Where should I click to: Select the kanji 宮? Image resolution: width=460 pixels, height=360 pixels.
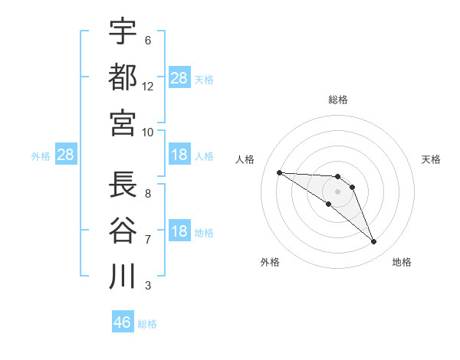(x=123, y=123)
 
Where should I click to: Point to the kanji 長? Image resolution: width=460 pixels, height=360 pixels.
(x=123, y=185)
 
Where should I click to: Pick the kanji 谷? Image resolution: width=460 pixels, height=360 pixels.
(x=123, y=230)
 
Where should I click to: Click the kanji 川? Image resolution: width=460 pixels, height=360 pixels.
(x=123, y=276)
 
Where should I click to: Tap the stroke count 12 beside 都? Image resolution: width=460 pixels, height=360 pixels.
(x=148, y=87)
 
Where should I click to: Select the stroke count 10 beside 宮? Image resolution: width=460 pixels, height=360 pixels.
(x=148, y=133)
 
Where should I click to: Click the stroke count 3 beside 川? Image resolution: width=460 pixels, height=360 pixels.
(x=148, y=286)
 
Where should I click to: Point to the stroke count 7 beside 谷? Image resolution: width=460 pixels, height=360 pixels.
(x=148, y=240)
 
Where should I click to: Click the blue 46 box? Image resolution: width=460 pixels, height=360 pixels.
(x=123, y=322)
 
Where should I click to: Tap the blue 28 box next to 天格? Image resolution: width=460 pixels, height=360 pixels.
(x=179, y=77)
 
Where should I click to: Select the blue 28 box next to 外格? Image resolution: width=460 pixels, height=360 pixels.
(x=66, y=155)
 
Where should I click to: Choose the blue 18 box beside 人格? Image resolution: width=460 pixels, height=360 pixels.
(x=179, y=155)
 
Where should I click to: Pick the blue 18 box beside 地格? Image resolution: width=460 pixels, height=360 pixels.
(x=179, y=232)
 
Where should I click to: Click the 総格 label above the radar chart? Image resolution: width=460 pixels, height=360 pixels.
(x=338, y=100)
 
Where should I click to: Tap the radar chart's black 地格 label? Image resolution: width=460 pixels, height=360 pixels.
(x=402, y=263)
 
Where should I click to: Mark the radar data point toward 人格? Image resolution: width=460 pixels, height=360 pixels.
(x=279, y=172)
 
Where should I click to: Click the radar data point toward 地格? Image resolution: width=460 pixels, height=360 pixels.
(x=374, y=242)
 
